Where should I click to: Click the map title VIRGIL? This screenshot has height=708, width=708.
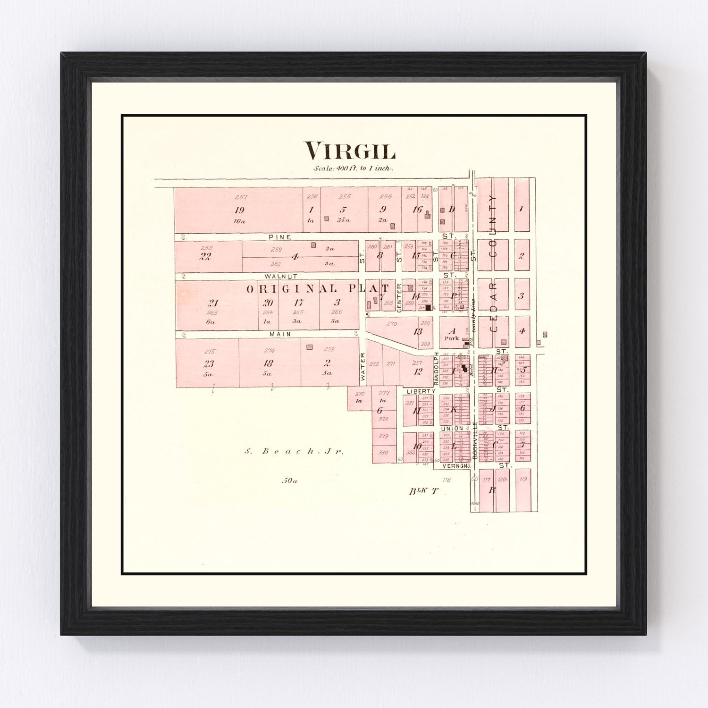(350, 151)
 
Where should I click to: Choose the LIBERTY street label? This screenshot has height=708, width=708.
(419, 391)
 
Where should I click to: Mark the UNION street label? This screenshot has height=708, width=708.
(452, 429)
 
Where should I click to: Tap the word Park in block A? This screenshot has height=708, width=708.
(451, 338)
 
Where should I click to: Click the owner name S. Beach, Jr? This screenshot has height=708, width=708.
(295, 451)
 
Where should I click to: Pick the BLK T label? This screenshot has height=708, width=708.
(423, 491)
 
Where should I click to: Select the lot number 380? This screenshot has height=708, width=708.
(383, 452)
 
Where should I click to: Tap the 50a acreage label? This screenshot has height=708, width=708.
(290, 481)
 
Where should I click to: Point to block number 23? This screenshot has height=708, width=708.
(209, 363)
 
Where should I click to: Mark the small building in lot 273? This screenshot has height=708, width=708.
(309, 347)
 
